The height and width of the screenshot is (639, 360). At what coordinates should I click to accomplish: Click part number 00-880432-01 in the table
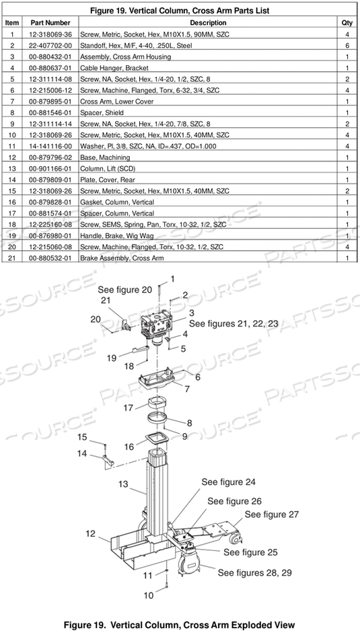click(x=51, y=57)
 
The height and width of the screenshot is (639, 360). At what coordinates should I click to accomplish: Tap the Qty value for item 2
click(x=347, y=45)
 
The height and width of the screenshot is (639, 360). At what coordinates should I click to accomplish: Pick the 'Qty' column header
click(x=347, y=23)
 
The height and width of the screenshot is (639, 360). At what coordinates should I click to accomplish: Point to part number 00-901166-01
click(x=51, y=168)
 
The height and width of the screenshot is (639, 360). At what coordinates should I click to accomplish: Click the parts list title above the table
click(x=180, y=10)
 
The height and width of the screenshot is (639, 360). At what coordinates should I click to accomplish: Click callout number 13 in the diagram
click(x=123, y=484)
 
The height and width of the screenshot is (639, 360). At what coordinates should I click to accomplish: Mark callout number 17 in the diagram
click(x=128, y=407)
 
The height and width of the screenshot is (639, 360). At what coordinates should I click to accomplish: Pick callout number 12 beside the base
click(x=91, y=533)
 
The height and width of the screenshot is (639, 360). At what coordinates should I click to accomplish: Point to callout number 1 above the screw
click(x=172, y=278)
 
